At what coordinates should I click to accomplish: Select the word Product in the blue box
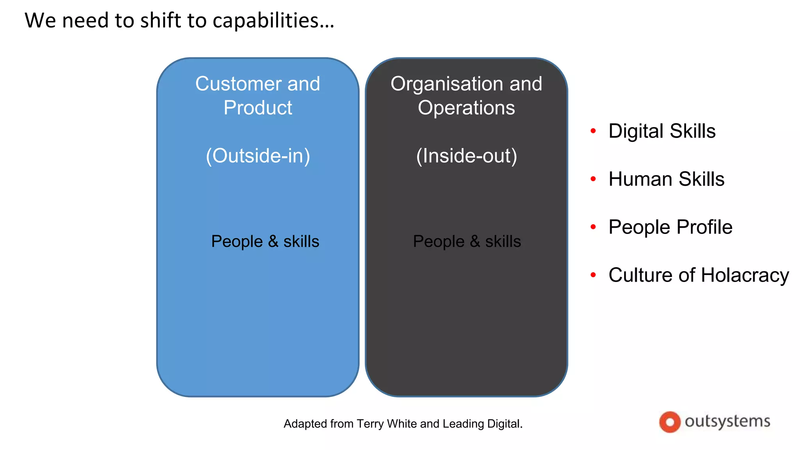point(258,108)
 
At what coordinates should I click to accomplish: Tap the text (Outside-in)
point(258,156)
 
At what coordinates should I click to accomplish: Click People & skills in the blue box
point(265,241)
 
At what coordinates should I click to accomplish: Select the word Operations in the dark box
point(466,108)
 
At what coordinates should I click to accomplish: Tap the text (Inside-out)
point(466,156)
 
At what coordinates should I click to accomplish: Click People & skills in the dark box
point(467,241)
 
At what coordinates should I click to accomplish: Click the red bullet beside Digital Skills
point(593,131)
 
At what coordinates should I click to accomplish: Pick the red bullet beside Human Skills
point(593,179)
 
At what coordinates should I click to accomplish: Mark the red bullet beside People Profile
point(593,227)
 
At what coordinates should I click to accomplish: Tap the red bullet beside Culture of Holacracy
point(593,275)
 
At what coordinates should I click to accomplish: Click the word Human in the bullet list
point(640,179)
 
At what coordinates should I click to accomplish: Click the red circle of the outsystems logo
point(670,422)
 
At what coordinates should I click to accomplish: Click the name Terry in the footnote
point(370,424)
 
